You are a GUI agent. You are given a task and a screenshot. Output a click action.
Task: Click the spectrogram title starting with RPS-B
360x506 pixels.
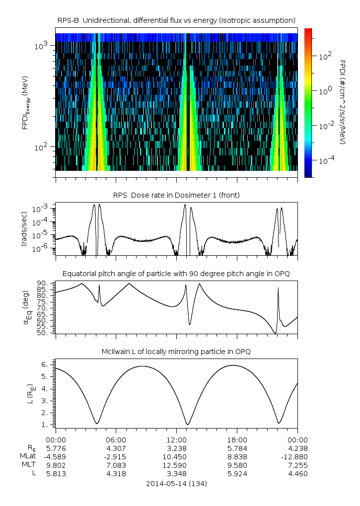176,20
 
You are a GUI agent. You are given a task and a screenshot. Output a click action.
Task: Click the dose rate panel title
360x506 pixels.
176,195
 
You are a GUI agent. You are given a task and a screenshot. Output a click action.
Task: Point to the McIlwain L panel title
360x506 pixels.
176,352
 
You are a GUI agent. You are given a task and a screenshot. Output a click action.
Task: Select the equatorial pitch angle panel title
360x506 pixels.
176,274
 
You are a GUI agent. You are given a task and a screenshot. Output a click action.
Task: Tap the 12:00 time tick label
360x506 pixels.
177,439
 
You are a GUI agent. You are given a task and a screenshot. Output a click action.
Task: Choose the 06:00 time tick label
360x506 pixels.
116,439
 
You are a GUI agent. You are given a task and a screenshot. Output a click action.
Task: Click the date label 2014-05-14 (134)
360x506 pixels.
176,483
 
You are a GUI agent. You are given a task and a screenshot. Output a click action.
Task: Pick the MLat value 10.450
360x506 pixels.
177,456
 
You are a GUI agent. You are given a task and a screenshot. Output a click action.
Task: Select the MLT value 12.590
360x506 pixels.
177,465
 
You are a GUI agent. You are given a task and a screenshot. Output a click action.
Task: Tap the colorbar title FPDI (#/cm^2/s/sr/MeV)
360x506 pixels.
343,102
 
